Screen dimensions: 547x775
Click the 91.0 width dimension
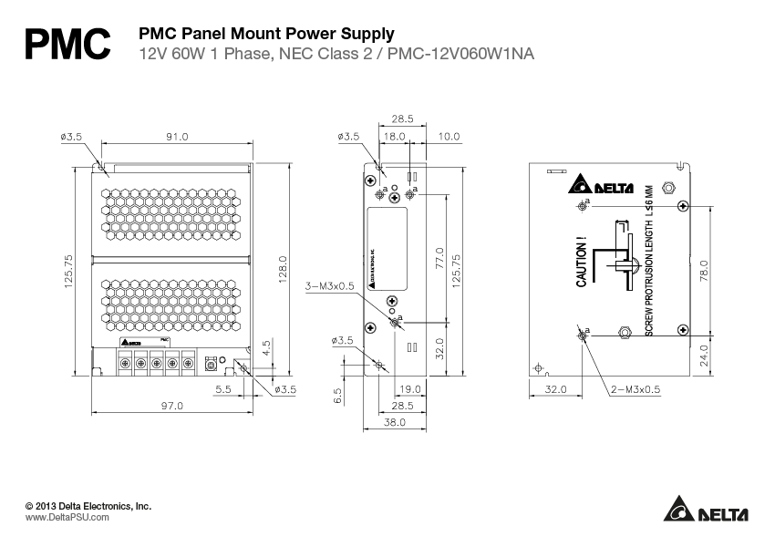point(177,137)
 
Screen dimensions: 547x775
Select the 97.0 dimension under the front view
point(172,405)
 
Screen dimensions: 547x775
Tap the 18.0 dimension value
point(394,137)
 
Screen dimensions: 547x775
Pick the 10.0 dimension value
point(449,137)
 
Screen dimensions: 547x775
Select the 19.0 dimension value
point(411,389)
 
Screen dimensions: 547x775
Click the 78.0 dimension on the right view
point(703,271)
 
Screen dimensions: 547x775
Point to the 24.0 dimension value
point(703,355)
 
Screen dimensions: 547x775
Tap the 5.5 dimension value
point(224,389)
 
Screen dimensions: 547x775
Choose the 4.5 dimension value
point(265,347)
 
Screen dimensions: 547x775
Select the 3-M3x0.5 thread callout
point(330,285)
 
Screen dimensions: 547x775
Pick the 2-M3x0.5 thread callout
point(636,389)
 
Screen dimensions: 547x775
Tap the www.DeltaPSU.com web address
point(67,516)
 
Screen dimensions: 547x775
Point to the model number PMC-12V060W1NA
point(461,55)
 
